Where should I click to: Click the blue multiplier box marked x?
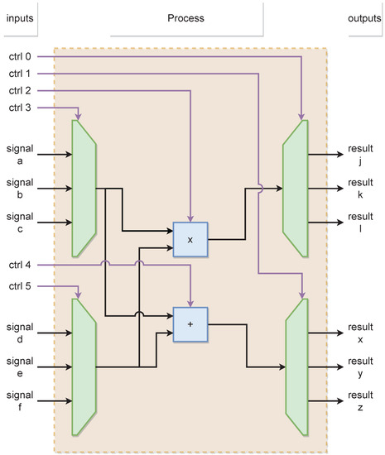click(190, 240)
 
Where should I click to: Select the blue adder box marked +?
click(190, 324)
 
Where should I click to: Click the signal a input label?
click(20, 153)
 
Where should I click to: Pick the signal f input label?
click(20, 400)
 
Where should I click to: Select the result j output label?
click(361, 153)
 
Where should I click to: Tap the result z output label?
click(361, 400)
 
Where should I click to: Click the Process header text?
click(185, 18)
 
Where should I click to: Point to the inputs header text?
click(20, 18)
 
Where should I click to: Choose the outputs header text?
click(363, 18)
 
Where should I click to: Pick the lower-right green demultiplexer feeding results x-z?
click(297, 367)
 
